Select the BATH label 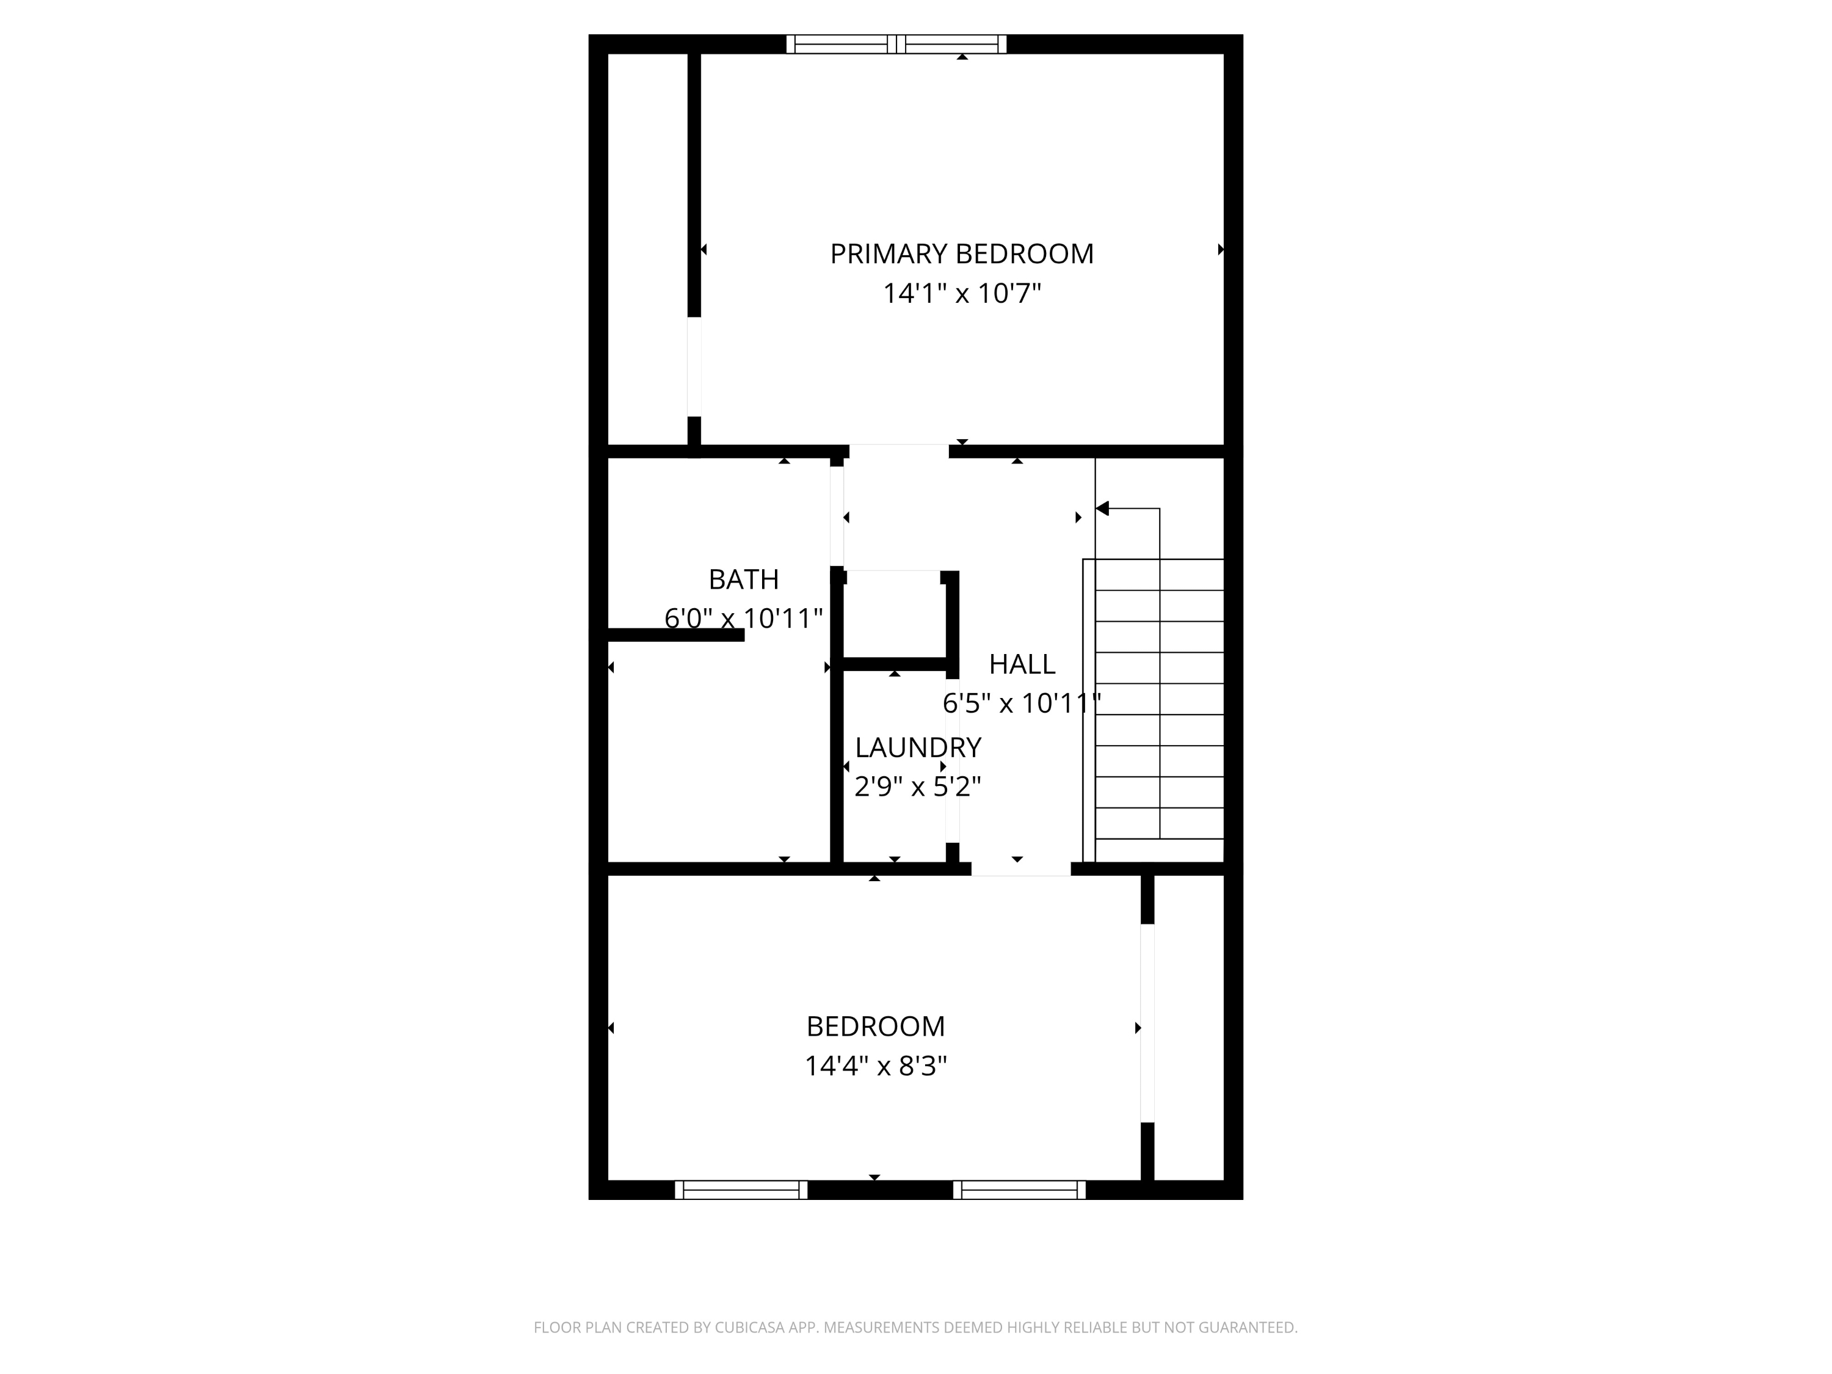tap(743, 579)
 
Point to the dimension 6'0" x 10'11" tap(743, 618)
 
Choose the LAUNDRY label tap(918, 747)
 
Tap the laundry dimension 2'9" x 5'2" tap(918, 786)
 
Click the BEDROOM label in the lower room tap(876, 1026)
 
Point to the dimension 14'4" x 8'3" tap(876, 1065)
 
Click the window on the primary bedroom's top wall tap(896, 44)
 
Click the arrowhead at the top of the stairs tap(1102, 509)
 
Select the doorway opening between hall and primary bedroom tap(899, 451)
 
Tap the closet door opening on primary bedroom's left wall tap(694, 366)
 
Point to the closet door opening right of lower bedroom tap(1147, 1022)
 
